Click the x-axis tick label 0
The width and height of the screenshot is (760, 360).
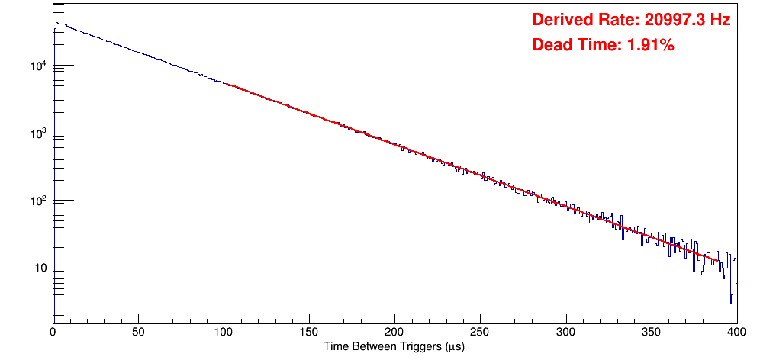[x=53, y=332]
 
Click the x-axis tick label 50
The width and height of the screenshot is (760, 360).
[x=138, y=332]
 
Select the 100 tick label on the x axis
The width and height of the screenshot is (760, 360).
[x=224, y=332]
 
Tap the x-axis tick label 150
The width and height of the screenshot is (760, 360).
[x=309, y=332]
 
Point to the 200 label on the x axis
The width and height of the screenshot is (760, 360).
[x=394, y=332]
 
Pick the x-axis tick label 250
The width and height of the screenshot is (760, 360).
[x=480, y=332]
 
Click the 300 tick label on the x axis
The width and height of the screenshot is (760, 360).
[x=565, y=332]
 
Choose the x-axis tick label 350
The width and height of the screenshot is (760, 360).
[x=651, y=332]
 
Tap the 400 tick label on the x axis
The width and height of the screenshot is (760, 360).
[x=736, y=332]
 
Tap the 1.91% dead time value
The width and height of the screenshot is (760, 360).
[x=650, y=46]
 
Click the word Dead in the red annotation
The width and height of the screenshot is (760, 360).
[x=552, y=46]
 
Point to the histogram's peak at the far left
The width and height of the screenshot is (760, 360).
[x=56, y=24]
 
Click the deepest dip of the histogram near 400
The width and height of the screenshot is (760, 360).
[x=731, y=303]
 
